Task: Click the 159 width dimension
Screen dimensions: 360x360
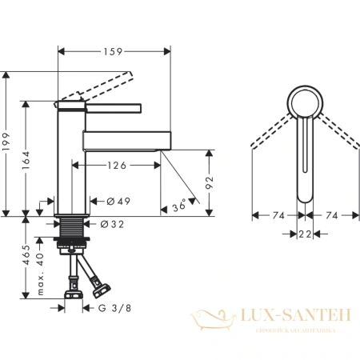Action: click(114, 52)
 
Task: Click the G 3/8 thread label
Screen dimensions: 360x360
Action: click(113, 306)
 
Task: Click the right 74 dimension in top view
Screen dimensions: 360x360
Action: click(330, 215)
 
